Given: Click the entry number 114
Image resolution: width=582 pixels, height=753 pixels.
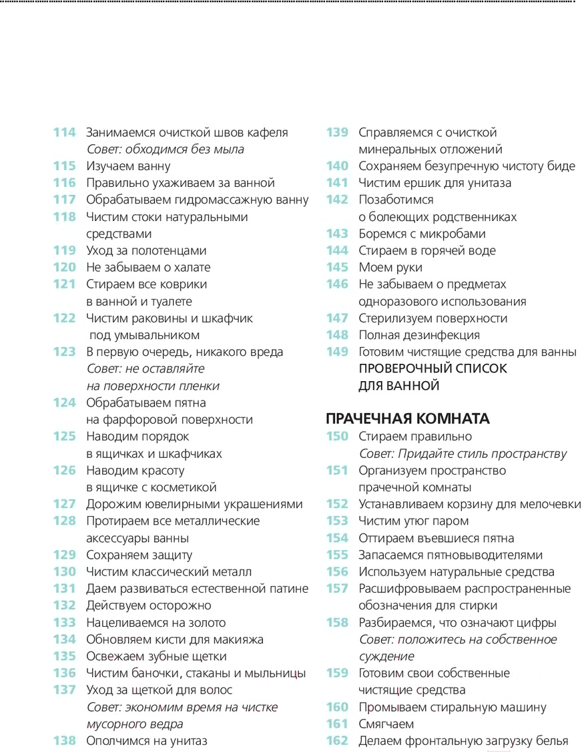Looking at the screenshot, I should [65, 132].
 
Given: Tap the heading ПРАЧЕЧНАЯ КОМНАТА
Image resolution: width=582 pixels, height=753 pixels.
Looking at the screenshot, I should [407, 419].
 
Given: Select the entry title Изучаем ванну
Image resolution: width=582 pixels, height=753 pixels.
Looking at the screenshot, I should [128, 166].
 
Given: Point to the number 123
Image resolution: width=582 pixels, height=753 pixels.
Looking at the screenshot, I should [65, 352].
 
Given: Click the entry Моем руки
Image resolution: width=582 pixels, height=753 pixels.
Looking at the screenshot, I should [390, 267].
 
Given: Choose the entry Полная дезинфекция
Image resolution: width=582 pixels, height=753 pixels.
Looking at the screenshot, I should [418, 335].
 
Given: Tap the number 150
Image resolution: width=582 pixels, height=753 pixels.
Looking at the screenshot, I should [337, 437].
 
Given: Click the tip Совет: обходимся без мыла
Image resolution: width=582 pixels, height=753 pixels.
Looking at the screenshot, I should [165, 150].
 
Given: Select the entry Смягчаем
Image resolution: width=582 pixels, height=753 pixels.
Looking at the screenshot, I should [386, 724].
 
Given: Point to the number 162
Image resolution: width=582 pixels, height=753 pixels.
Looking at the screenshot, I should [337, 740].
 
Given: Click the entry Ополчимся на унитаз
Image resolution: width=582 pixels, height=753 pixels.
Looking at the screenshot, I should [146, 740].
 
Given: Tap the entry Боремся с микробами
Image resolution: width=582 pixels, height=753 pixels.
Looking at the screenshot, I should [421, 234].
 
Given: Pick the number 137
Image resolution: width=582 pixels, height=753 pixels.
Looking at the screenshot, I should [65, 690].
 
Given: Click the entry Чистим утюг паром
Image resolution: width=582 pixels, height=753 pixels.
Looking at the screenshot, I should [413, 521].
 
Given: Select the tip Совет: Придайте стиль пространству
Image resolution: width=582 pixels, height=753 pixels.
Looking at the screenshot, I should [463, 453].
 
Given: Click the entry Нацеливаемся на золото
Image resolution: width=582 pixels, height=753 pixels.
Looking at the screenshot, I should [158, 622].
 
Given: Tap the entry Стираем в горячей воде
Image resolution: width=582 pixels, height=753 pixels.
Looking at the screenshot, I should [426, 250].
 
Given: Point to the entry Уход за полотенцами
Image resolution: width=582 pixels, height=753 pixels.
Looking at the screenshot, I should [146, 250].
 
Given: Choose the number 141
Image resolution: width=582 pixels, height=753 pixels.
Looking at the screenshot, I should [337, 183].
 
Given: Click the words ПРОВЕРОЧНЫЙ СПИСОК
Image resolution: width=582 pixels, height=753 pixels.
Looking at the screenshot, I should [432, 368].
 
